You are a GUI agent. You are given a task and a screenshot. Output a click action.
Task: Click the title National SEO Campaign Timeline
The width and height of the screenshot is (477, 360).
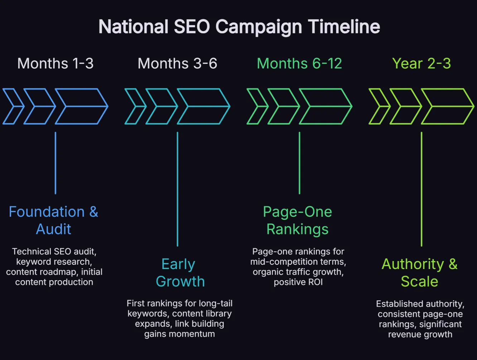[x=239, y=27]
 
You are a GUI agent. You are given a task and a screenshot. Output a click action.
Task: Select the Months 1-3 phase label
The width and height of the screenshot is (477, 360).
[x=56, y=64]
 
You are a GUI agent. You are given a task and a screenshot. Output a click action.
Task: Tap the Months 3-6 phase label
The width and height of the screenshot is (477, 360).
[x=177, y=64]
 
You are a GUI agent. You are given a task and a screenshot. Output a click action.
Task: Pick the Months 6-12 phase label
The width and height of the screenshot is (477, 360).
[x=299, y=64]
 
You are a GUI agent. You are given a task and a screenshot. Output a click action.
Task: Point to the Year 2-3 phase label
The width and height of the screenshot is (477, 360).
[x=421, y=64]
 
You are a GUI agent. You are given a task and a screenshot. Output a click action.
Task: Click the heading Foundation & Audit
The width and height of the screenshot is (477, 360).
[x=54, y=220]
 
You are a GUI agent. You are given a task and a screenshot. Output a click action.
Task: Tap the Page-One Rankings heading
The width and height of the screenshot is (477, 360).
[x=298, y=220]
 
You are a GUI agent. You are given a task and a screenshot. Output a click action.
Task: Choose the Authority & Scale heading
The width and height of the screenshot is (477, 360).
[x=420, y=273]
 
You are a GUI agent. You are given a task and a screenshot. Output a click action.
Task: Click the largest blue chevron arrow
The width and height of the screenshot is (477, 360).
[x=82, y=106]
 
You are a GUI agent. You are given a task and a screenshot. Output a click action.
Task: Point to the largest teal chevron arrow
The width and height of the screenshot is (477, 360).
[x=204, y=106]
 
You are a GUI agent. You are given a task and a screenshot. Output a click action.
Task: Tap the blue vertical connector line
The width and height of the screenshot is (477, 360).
[x=56, y=163]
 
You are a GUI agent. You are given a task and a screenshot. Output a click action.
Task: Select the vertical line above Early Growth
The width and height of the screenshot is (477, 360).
[x=178, y=189]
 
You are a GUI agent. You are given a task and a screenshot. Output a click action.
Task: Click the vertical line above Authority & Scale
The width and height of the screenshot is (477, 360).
[x=421, y=189]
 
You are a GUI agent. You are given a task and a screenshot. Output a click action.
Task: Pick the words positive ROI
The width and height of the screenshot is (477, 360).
[x=298, y=282]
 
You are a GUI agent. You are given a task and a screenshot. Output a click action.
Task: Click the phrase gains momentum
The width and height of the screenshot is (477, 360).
[x=179, y=334]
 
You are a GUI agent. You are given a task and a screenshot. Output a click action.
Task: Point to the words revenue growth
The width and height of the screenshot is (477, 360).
[x=420, y=335]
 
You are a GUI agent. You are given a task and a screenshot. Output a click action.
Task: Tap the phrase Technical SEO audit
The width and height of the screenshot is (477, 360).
[x=54, y=251]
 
